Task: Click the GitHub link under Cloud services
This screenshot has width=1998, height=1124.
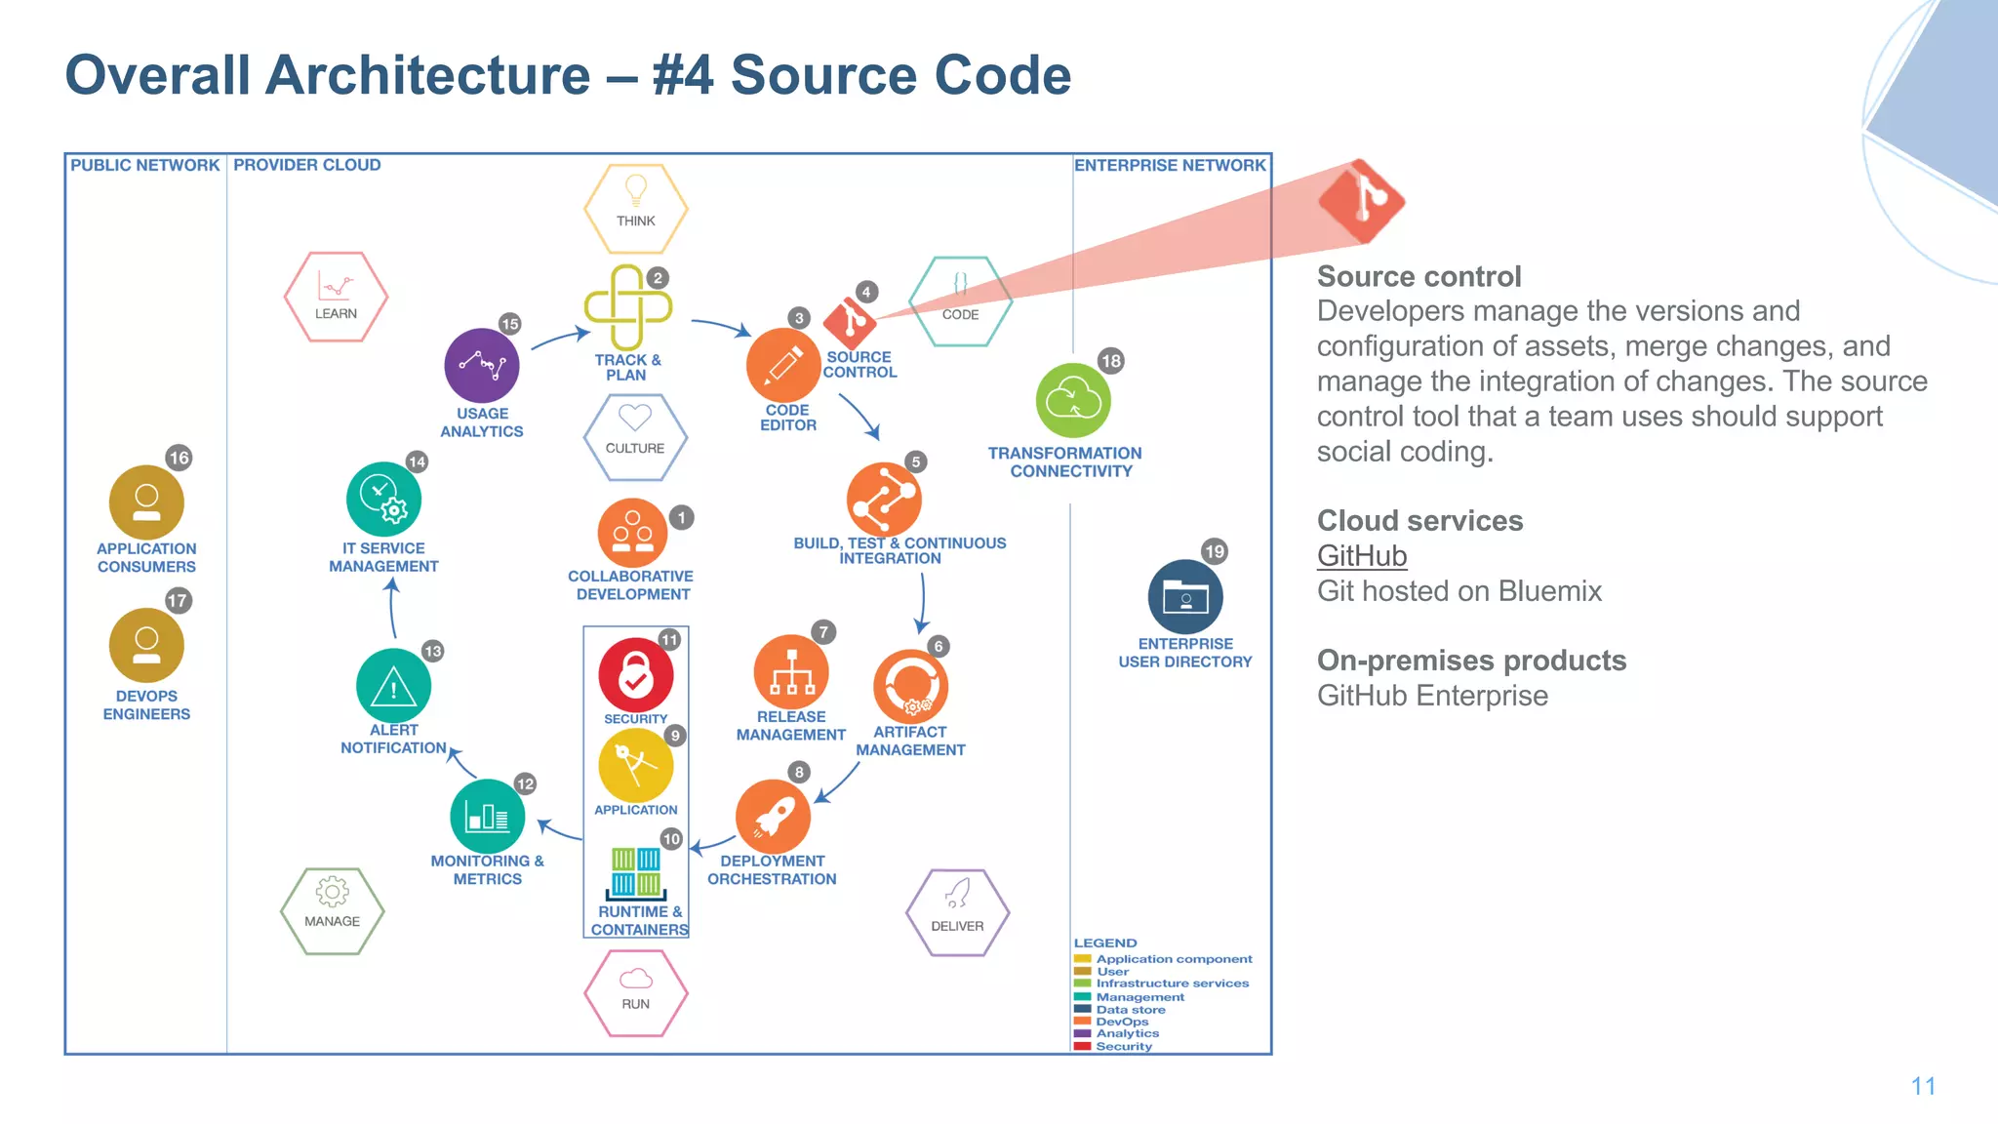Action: click(1361, 556)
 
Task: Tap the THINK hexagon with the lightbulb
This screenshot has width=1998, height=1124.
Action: click(636, 208)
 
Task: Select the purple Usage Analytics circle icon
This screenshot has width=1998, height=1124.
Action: click(481, 366)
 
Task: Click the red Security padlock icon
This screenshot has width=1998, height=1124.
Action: click(635, 674)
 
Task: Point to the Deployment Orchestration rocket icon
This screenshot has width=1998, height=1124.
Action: click(773, 816)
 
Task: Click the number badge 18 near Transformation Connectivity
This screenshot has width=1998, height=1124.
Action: click(1110, 361)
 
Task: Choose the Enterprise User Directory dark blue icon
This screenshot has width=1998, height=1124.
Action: click(1185, 597)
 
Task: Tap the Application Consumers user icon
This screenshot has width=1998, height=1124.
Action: click(146, 502)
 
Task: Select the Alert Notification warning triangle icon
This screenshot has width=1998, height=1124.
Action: click(393, 686)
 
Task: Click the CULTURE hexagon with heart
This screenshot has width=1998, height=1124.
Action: click(635, 437)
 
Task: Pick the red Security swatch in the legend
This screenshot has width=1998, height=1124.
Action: click(1082, 1046)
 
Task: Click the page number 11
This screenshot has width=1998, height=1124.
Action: click(1923, 1086)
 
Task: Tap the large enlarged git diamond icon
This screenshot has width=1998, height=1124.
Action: click(1362, 201)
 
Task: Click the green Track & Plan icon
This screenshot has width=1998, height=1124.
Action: click(627, 307)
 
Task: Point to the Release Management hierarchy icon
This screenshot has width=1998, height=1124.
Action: click(791, 672)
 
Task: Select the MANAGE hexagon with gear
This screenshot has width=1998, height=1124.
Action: click(332, 910)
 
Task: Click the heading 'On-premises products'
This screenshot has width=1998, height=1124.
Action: click(1471, 661)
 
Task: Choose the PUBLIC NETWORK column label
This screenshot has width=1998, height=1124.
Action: click(144, 165)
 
